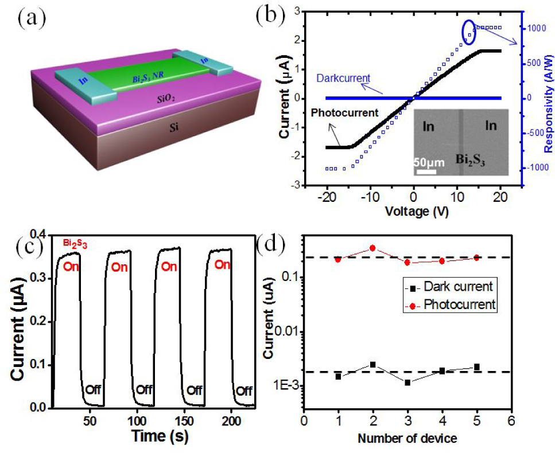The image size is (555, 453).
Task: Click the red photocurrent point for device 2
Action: (x=372, y=248)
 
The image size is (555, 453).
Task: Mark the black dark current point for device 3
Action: (x=407, y=382)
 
